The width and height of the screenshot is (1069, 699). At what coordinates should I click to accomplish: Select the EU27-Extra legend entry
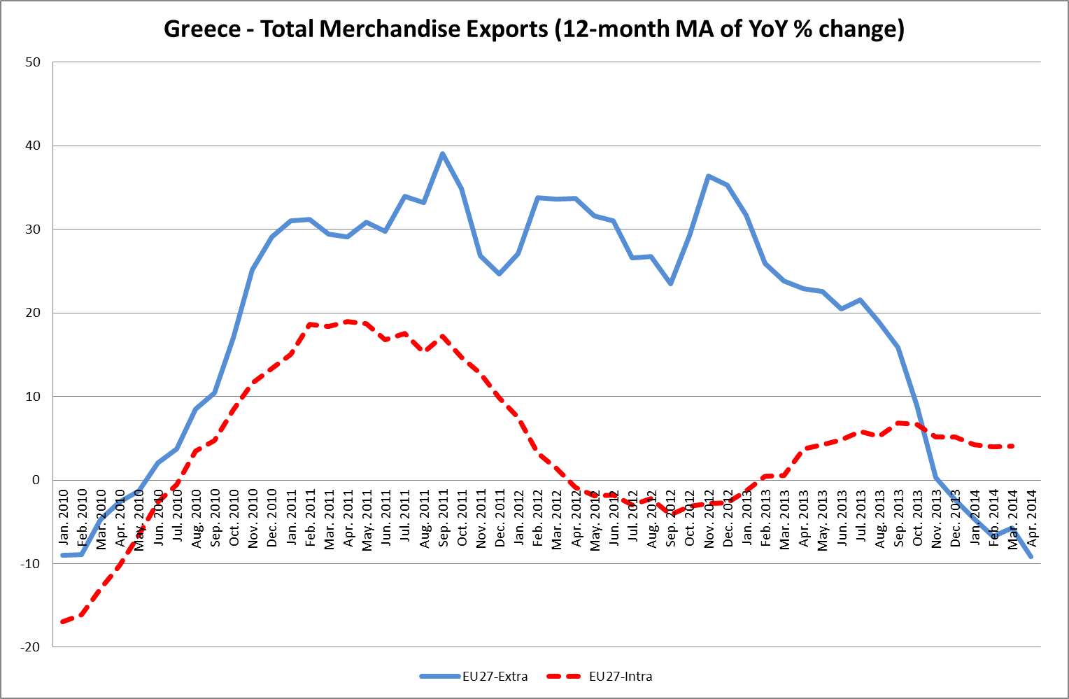pos(474,676)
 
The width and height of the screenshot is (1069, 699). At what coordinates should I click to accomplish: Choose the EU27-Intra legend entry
pos(602,676)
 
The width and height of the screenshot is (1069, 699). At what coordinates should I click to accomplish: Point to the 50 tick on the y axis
pos(34,62)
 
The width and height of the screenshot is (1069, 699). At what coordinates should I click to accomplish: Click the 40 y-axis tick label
pos(34,146)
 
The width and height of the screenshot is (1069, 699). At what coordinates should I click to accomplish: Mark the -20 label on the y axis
pos(31,647)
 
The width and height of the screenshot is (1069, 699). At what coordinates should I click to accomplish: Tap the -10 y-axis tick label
pos(31,563)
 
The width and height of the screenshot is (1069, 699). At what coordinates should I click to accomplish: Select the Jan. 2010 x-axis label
pos(64,518)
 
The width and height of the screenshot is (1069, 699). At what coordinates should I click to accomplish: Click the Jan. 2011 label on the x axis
pos(291,518)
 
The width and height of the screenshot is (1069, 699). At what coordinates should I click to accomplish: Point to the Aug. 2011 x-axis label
pos(424,518)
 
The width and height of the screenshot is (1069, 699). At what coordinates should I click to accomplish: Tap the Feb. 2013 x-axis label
pos(766,518)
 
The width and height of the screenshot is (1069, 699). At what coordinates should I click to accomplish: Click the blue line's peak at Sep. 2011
pos(443,154)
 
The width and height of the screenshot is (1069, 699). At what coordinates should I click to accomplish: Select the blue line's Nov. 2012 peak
pos(709,176)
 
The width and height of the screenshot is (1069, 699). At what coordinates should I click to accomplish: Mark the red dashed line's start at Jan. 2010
pos(64,621)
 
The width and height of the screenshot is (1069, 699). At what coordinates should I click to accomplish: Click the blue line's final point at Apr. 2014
pos(1031,557)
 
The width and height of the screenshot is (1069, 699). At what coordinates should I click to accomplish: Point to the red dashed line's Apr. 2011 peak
pos(348,322)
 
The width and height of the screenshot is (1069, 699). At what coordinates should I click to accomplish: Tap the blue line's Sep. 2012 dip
pos(671,283)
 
